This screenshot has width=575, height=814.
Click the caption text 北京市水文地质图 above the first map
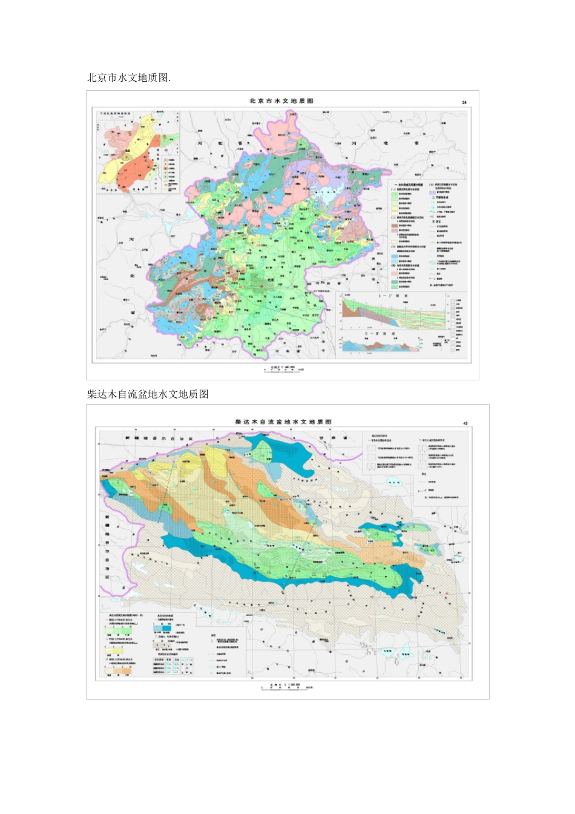pos(129,78)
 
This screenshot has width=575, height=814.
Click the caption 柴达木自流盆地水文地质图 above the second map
pos(148,394)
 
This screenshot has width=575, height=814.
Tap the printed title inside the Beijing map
pos(281,101)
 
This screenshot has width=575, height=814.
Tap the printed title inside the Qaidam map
pos(283,422)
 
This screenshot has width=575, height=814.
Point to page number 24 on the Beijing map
pos(464,102)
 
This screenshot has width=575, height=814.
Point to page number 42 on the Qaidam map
pos(465,424)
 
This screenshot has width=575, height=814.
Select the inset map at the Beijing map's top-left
pos(138,153)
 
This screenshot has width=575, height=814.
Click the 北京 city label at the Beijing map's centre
pos(270,280)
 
